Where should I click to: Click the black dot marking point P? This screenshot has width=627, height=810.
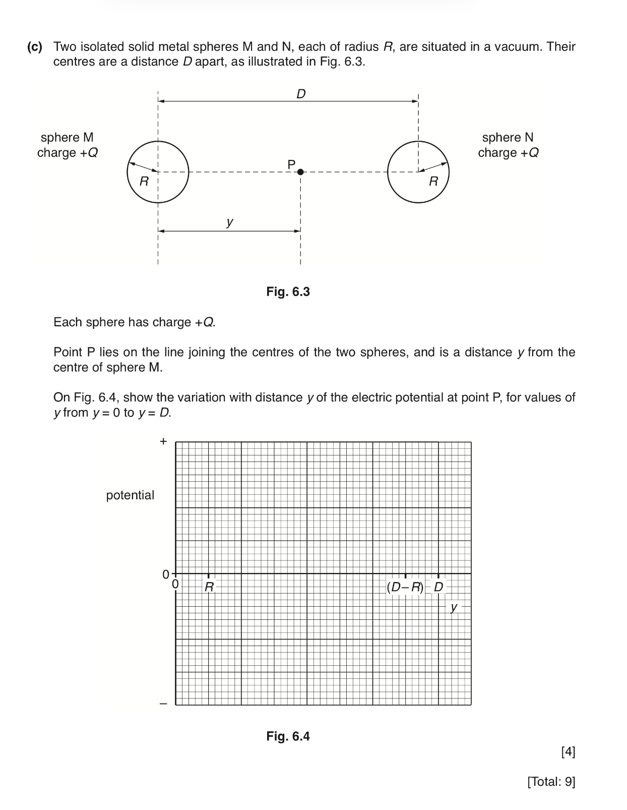(x=301, y=172)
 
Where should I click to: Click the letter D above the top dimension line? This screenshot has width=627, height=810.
(x=301, y=94)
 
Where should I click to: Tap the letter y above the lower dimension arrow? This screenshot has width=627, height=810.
(x=230, y=221)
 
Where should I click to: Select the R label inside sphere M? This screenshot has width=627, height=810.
(x=144, y=182)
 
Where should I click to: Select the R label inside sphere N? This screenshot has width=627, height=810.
(x=433, y=182)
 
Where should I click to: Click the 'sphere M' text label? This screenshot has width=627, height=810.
(x=67, y=137)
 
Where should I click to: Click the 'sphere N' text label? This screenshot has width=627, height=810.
(x=508, y=137)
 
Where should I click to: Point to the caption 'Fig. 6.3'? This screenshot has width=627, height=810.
(x=288, y=292)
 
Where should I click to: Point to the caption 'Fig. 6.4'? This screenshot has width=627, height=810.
(x=288, y=736)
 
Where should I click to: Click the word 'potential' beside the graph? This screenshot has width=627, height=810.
(x=130, y=495)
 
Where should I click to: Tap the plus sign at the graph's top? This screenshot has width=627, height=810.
(x=163, y=442)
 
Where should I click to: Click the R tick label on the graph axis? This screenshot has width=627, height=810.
(x=209, y=587)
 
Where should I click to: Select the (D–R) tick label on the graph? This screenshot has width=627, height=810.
(x=405, y=587)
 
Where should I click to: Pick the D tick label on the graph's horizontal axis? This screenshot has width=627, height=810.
(x=438, y=587)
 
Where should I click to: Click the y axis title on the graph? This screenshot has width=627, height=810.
(x=454, y=607)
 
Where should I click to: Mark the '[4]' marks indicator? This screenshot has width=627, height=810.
(x=568, y=752)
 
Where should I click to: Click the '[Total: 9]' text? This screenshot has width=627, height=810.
(x=551, y=782)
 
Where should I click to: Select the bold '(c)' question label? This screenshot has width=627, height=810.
(x=35, y=47)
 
